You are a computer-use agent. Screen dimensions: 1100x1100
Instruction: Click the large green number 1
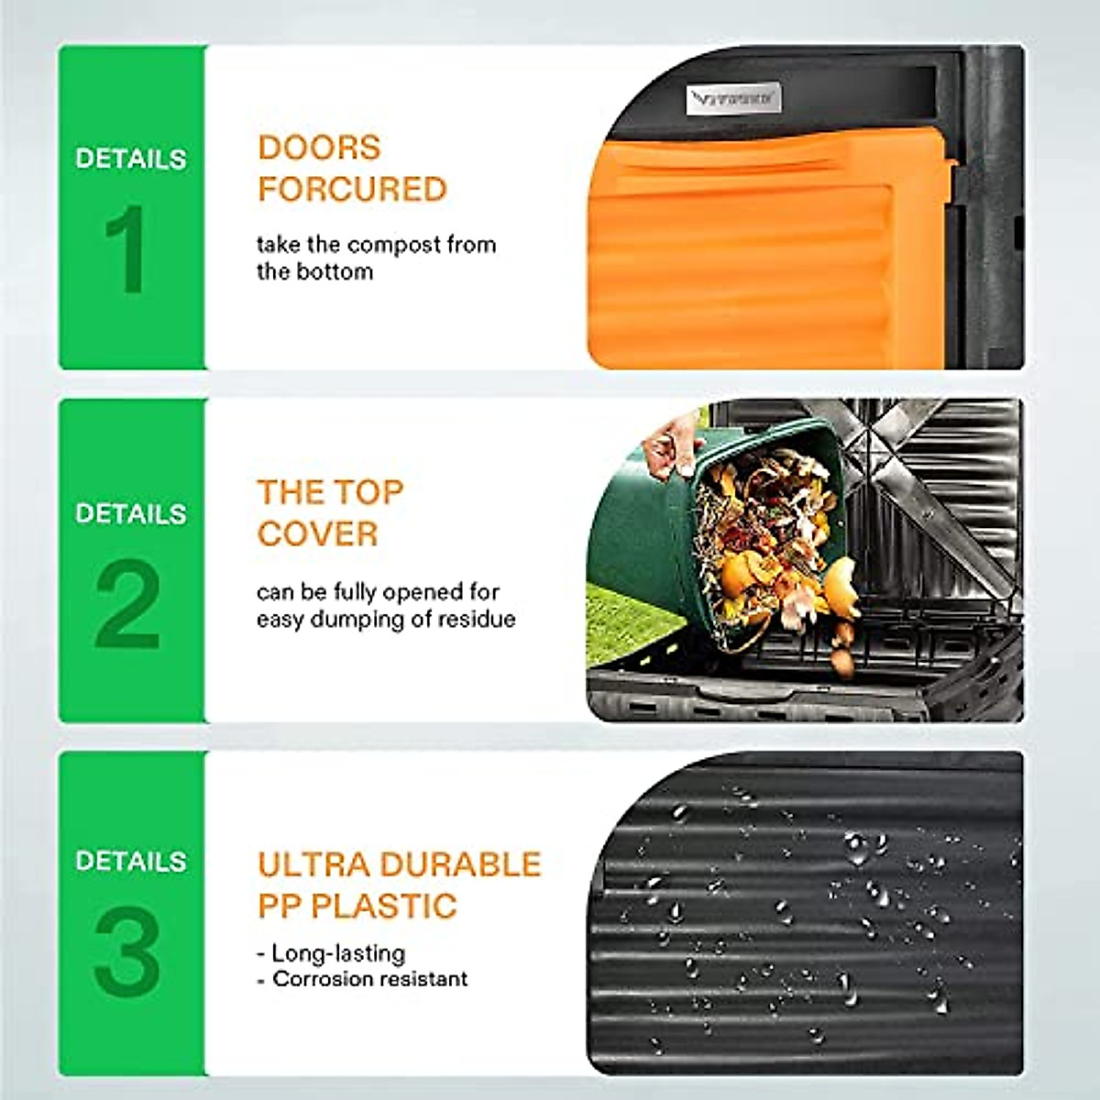(126, 248)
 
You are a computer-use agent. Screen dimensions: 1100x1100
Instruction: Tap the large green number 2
(127, 604)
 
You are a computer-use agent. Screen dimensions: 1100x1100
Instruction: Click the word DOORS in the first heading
(319, 148)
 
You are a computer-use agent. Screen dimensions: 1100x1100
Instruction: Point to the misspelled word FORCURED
(352, 190)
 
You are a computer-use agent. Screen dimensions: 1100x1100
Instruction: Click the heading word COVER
(317, 533)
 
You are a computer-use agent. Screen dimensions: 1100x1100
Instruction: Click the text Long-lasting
(338, 953)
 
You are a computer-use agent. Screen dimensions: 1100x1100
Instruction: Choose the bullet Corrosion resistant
(369, 979)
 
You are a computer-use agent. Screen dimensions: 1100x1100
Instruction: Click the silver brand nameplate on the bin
(733, 98)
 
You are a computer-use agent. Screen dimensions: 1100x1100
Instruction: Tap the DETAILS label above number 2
(130, 513)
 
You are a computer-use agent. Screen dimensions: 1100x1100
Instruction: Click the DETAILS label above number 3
(130, 862)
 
